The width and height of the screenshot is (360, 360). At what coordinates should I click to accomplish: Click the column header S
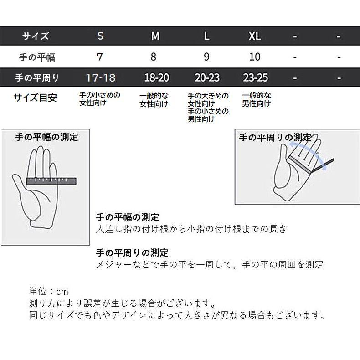tap(100, 36)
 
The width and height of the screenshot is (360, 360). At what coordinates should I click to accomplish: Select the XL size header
tap(255, 36)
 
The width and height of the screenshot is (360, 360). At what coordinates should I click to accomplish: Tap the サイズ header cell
tap(36, 36)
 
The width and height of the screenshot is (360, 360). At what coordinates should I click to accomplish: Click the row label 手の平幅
tap(37, 57)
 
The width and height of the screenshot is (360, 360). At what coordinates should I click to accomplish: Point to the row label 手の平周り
tap(37, 78)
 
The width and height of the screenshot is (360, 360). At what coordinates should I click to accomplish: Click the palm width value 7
tap(100, 57)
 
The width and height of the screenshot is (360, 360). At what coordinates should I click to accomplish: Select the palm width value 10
tap(255, 57)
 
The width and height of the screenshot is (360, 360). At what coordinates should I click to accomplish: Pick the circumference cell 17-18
tap(100, 77)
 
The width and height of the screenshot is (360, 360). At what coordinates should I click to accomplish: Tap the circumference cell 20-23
tap(207, 77)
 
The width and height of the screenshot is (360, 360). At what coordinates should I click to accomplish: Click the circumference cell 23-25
tap(255, 77)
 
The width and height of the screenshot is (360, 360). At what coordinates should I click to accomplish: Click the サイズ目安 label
tap(35, 98)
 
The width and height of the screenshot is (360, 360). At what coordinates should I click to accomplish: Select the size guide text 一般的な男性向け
tap(256, 99)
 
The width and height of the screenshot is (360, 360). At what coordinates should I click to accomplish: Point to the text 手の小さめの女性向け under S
tap(100, 99)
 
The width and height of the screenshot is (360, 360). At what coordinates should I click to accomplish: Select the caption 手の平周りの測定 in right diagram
tap(275, 137)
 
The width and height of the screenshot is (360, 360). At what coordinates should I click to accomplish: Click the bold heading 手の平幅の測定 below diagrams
tap(128, 217)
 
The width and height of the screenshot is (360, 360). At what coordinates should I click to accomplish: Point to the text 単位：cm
tap(48, 292)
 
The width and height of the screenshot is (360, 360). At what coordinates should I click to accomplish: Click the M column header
tap(155, 36)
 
